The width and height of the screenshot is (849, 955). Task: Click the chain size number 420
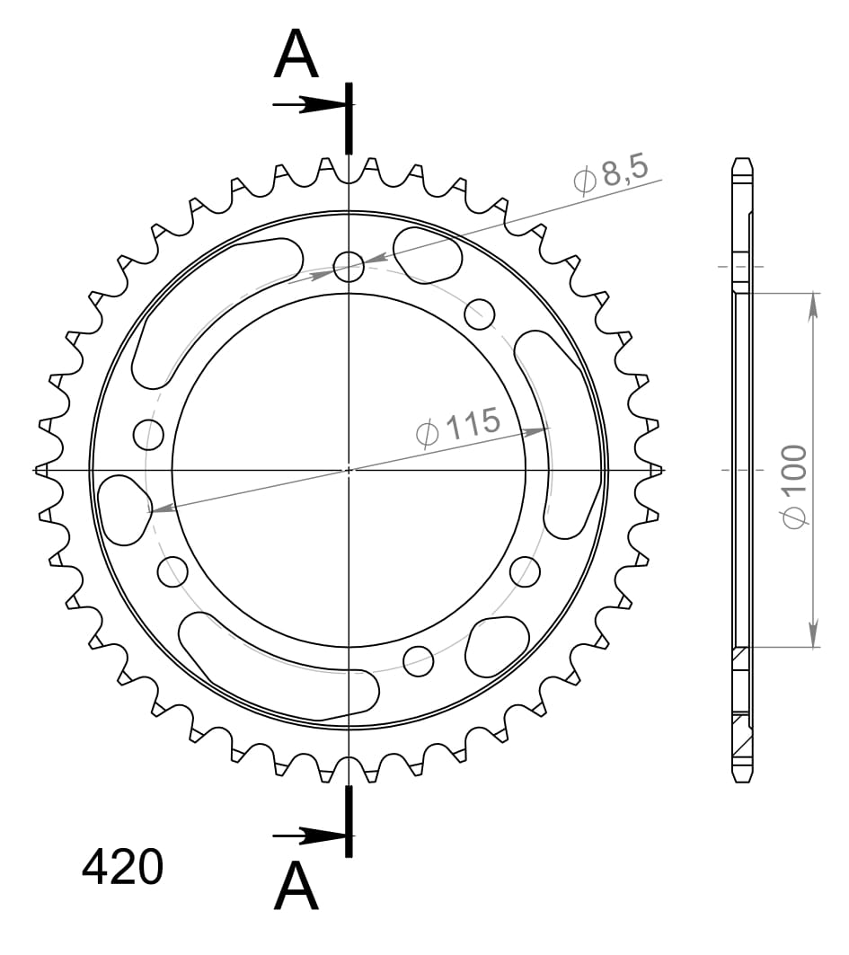123,867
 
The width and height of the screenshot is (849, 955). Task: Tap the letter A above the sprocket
296,55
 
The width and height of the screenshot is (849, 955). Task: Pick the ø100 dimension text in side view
794,486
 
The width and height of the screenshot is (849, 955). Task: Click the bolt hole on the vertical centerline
349,265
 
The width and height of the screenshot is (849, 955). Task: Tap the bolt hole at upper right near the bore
480,314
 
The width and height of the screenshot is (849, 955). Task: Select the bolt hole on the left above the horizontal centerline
149,435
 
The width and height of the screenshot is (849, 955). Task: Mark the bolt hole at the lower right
525,570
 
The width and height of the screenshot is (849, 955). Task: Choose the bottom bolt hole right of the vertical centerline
419,660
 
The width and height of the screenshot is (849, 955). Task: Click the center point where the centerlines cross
349,470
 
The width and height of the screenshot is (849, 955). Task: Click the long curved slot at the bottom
279,669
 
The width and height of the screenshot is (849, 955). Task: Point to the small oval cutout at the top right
429,252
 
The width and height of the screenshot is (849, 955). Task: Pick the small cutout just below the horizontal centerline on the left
124,508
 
